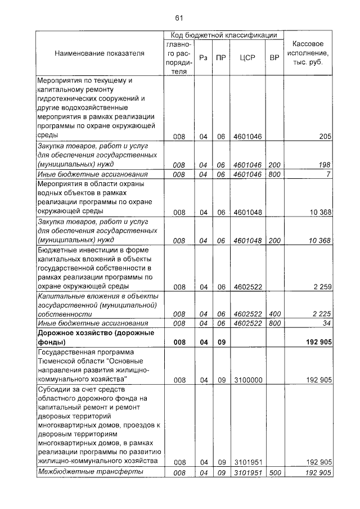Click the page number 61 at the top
[x=179, y=17]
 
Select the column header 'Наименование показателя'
[x=99, y=53]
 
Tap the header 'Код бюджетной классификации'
[x=223, y=35]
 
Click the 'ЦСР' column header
[x=247, y=57]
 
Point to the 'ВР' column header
[x=274, y=57]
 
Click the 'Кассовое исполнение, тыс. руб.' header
[x=308, y=53]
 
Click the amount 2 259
[x=320, y=287]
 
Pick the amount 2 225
[x=320, y=314]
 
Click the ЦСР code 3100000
[x=247, y=380]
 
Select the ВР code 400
[x=274, y=314]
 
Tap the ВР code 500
[x=274, y=472]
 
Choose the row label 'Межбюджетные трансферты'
[x=90, y=472]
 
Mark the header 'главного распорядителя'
[x=178, y=57]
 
